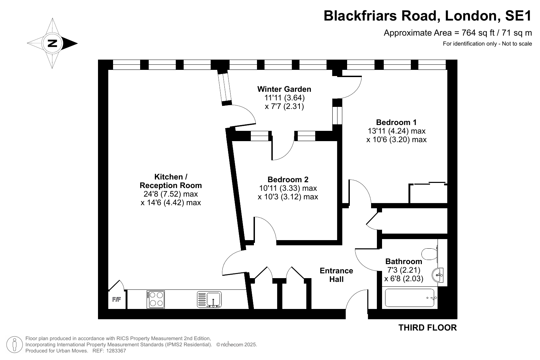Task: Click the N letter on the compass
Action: (52, 44)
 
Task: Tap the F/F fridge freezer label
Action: (116, 299)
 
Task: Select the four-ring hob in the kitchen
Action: (156, 299)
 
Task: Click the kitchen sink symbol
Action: (209, 299)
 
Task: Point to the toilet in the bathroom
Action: (430, 254)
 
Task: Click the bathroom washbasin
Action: (438, 275)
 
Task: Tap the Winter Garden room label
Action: (284, 89)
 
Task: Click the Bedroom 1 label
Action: (396, 122)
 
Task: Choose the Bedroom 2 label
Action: (288, 179)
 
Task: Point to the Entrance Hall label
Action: (336, 275)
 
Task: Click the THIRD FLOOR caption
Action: (427, 328)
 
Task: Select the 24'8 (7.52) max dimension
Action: (171, 194)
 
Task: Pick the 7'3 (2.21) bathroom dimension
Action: (404, 270)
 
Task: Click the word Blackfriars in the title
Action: (360, 16)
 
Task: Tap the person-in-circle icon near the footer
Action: (14, 345)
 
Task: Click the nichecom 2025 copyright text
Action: (236, 345)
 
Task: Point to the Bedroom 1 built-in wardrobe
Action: (428, 194)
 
